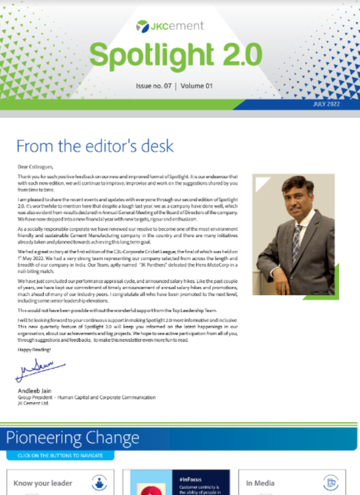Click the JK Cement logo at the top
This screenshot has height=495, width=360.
170,25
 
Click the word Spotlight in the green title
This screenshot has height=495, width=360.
143,55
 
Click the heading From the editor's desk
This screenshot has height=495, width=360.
95,146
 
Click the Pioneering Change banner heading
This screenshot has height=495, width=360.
68,438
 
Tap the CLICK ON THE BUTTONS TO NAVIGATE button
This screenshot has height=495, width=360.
60,455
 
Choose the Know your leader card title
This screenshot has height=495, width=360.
43,483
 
